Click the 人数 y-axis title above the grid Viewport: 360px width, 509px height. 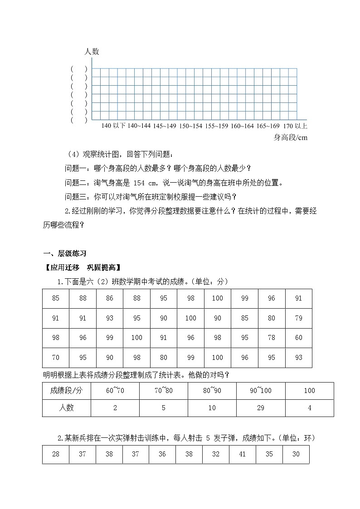pos(92,52)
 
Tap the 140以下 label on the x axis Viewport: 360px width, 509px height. pos(113,126)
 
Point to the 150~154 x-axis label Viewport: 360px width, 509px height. pos(190,126)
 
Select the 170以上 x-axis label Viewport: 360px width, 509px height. pos(294,126)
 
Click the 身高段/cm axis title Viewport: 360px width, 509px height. pos(291,138)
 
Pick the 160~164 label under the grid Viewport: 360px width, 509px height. pos(242,126)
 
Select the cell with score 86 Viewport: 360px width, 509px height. pos(110,298)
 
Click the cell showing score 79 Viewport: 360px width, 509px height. pos(298,318)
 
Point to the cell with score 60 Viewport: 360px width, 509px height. pos(298,338)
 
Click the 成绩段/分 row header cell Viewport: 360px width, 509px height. pos(67,391)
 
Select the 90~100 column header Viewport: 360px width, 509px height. pos(261,391)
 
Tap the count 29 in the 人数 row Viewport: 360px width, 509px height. pos(261,408)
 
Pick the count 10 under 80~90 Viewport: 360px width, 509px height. pos(212,408)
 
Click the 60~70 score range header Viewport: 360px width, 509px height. pos(115,391)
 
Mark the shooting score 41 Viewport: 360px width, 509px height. pos(242,454)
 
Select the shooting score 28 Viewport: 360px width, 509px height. pos(56,454)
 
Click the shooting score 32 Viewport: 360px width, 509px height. pos(215,454)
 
